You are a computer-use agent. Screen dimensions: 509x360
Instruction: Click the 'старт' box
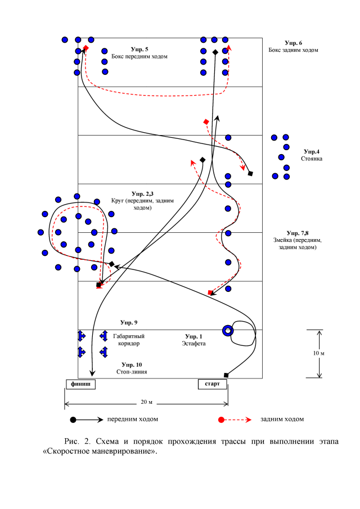pyautogui.click(x=212, y=384)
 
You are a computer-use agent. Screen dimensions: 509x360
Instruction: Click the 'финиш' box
pyautogui.click(x=80, y=384)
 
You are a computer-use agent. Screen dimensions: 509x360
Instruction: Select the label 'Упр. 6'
pyautogui.click(x=294, y=43)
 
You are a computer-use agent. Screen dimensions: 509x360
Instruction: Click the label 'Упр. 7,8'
pyautogui.click(x=297, y=232)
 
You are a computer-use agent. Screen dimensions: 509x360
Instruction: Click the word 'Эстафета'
pyautogui.click(x=195, y=343)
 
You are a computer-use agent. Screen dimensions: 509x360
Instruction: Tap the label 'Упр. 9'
pyautogui.click(x=129, y=322)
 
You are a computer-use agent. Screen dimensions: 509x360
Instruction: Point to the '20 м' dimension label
pyautogui.click(x=146, y=402)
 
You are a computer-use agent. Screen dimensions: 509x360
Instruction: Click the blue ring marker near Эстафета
pyautogui.click(x=227, y=331)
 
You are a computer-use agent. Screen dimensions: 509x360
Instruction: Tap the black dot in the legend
pyautogui.click(x=73, y=420)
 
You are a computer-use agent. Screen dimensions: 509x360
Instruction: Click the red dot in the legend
pyautogui.click(x=222, y=420)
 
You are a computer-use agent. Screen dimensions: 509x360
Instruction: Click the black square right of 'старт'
pyautogui.click(x=226, y=375)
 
